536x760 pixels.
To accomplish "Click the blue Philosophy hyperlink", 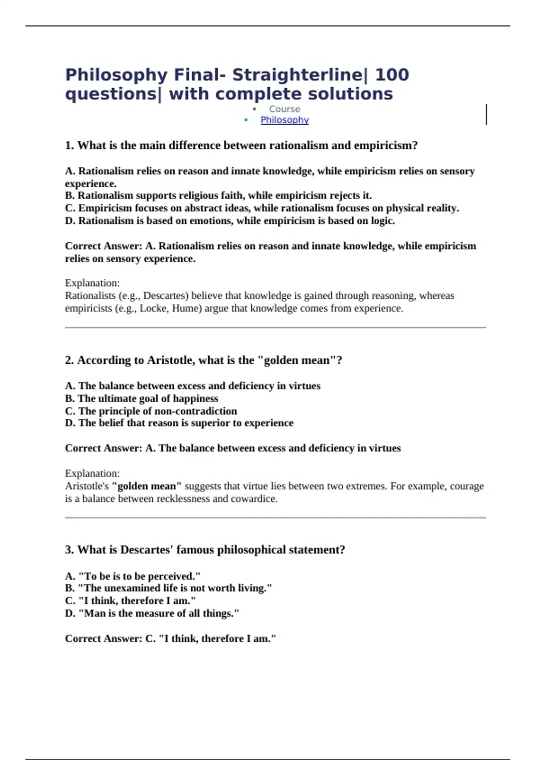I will (x=285, y=120).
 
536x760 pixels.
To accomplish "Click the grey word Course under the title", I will (x=285, y=109).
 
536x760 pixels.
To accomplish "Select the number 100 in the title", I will (x=392, y=75).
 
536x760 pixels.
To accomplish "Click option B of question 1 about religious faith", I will (x=218, y=196).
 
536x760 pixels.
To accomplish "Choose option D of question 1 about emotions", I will (x=230, y=221).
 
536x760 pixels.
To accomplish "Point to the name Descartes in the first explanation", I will (x=163, y=296).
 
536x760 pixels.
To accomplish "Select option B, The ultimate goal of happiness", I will (x=142, y=398).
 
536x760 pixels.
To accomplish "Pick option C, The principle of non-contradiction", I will (x=151, y=411).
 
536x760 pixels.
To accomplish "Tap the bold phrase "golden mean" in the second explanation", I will (x=147, y=486).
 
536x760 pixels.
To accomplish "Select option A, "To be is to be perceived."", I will (x=133, y=576).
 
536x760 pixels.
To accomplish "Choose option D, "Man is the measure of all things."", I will (x=152, y=613).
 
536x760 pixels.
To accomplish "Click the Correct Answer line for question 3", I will (x=171, y=639).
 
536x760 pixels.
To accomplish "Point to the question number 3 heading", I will (x=205, y=550).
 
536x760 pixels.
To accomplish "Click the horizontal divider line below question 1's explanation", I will (x=275, y=328).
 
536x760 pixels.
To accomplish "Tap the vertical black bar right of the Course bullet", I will (x=486, y=114).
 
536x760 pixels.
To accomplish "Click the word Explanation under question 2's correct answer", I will (x=92, y=473).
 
